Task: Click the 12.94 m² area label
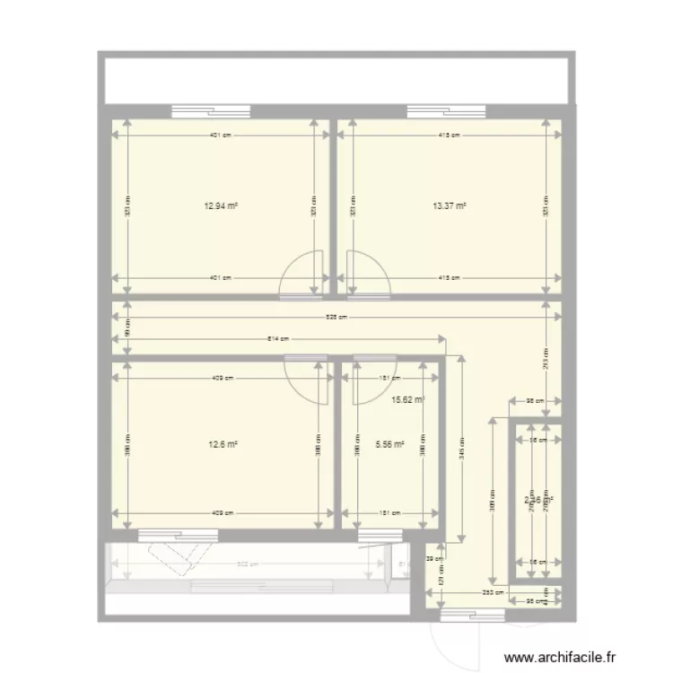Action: point(221,205)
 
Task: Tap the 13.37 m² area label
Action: point(449,205)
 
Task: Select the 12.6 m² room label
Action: point(222,443)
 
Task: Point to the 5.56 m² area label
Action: point(389,443)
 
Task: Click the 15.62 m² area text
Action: point(408,400)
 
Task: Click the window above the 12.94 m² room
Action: point(207,112)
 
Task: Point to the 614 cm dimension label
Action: point(278,338)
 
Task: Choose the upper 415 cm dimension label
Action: point(449,135)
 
